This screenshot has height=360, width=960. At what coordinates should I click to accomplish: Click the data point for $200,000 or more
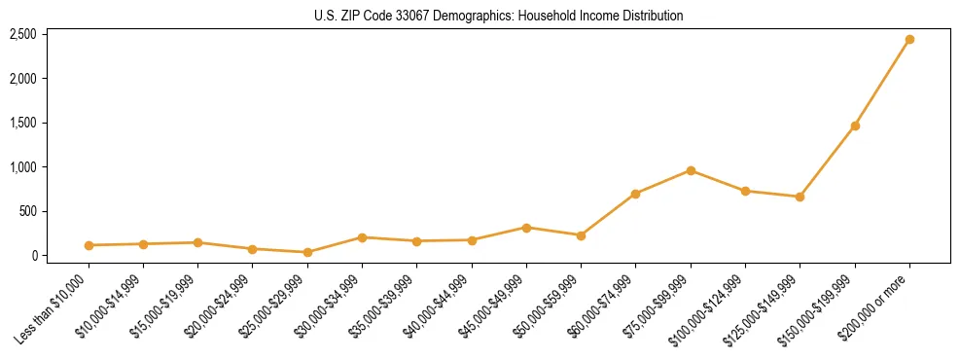point(909,40)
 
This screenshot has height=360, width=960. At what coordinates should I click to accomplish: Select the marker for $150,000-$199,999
point(855,126)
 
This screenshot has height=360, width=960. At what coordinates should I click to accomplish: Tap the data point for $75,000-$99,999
point(691,170)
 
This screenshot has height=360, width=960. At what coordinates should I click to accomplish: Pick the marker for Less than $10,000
point(89,245)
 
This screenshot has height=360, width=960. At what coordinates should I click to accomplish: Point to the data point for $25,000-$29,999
point(307,252)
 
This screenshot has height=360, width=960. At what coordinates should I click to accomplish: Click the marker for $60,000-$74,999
point(635,194)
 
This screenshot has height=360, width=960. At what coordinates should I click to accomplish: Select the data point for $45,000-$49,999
point(526,228)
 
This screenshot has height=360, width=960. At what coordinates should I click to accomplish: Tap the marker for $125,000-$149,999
point(800,197)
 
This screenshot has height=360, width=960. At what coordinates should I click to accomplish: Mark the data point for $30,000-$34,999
point(362,237)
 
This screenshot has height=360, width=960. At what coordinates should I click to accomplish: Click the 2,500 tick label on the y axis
point(22,34)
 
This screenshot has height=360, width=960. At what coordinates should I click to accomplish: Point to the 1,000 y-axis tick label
point(22,167)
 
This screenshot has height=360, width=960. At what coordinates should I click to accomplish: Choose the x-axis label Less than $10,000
point(53,309)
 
